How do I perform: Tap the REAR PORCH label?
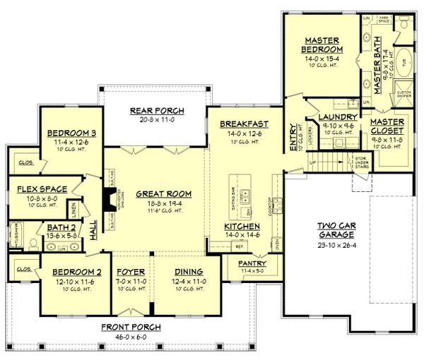point(156,111)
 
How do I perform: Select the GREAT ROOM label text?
point(155,193)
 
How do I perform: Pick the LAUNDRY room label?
point(331,117)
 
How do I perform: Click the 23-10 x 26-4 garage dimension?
point(326,246)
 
